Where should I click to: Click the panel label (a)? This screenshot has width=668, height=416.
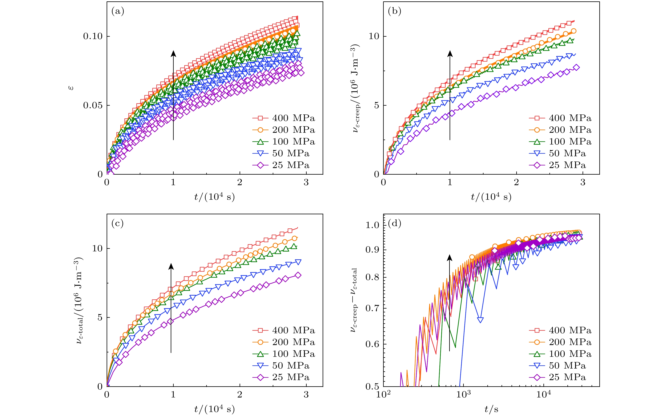(118, 11)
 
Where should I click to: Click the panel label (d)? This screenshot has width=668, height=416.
(394, 223)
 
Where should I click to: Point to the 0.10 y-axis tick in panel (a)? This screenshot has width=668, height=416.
(93, 36)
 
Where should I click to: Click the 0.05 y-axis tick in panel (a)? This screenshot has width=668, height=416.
(93, 105)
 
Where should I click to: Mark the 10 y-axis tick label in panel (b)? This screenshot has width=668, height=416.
(374, 36)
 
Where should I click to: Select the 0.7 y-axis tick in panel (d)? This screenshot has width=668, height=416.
(372, 308)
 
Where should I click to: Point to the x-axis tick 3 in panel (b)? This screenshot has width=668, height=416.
(583, 182)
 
